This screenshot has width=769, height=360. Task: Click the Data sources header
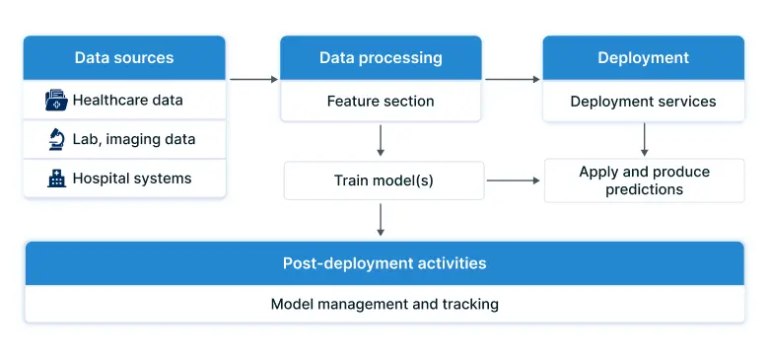tap(124, 58)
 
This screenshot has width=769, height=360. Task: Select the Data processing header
tap(381, 58)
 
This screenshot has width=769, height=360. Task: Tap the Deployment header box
tap(643, 58)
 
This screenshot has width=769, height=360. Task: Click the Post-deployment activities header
tap(384, 263)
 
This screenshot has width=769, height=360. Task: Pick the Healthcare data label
tap(127, 100)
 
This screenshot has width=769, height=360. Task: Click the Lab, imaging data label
tap(133, 139)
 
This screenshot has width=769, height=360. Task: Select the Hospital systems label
tap(131, 179)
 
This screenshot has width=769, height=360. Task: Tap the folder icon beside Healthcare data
tap(55, 100)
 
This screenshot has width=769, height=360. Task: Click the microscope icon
tap(56, 139)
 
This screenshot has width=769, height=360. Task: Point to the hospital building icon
tap(56, 179)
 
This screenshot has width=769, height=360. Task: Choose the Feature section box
tap(381, 101)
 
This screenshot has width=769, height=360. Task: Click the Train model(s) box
tap(384, 180)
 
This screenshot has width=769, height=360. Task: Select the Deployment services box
tap(643, 101)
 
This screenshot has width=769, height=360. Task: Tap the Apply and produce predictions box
tap(644, 180)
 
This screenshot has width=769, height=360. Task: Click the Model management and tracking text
tap(384, 304)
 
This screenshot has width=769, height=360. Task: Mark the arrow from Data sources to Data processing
tap(253, 79)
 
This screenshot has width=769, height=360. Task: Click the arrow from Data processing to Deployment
tap(513, 79)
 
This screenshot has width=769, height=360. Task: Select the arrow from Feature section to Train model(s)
tap(381, 140)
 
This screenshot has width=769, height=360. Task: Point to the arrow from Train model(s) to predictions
tap(513, 180)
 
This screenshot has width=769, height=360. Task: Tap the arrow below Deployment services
tap(644, 139)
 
